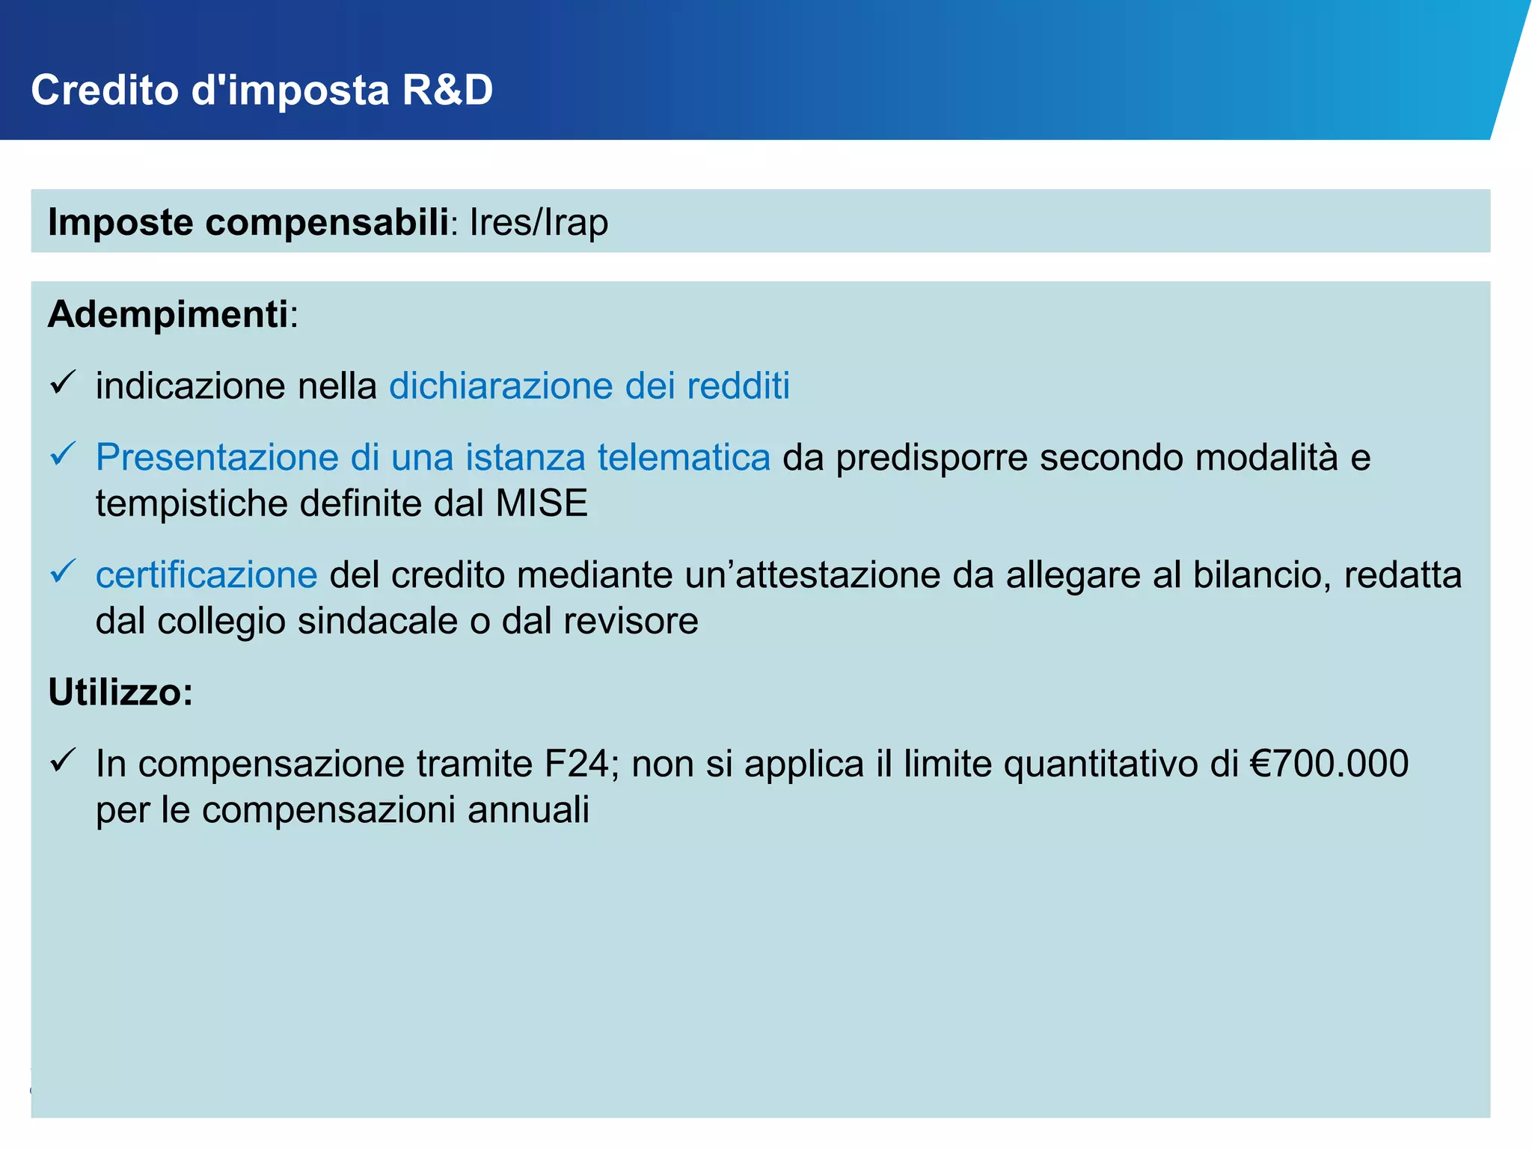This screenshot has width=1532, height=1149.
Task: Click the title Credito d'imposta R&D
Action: (x=262, y=91)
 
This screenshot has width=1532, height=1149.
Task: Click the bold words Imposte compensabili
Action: (x=248, y=222)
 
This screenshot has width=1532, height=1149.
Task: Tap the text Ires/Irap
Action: (x=539, y=222)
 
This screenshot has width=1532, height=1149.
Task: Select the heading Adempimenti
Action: (x=168, y=314)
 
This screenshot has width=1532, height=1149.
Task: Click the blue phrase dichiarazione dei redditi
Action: (x=589, y=386)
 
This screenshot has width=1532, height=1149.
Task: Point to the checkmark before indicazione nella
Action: (x=63, y=382)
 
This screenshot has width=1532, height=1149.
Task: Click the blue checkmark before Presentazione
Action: (x=63, y=453)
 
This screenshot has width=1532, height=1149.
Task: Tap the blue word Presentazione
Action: (x=217, y=457)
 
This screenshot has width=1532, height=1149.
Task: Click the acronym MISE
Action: (x=542, y=503)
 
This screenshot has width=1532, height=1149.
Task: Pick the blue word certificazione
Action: (x=206, y=575)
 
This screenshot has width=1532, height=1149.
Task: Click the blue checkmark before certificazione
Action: (x=63, y=572)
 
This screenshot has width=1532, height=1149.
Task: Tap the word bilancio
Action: (x=1261, y=575)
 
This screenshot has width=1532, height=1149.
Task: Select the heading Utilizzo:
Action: (x=120, y=692)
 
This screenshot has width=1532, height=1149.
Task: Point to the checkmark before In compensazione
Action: (x=63, y=760)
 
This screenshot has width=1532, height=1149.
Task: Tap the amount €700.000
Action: (x=1329, y=764)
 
